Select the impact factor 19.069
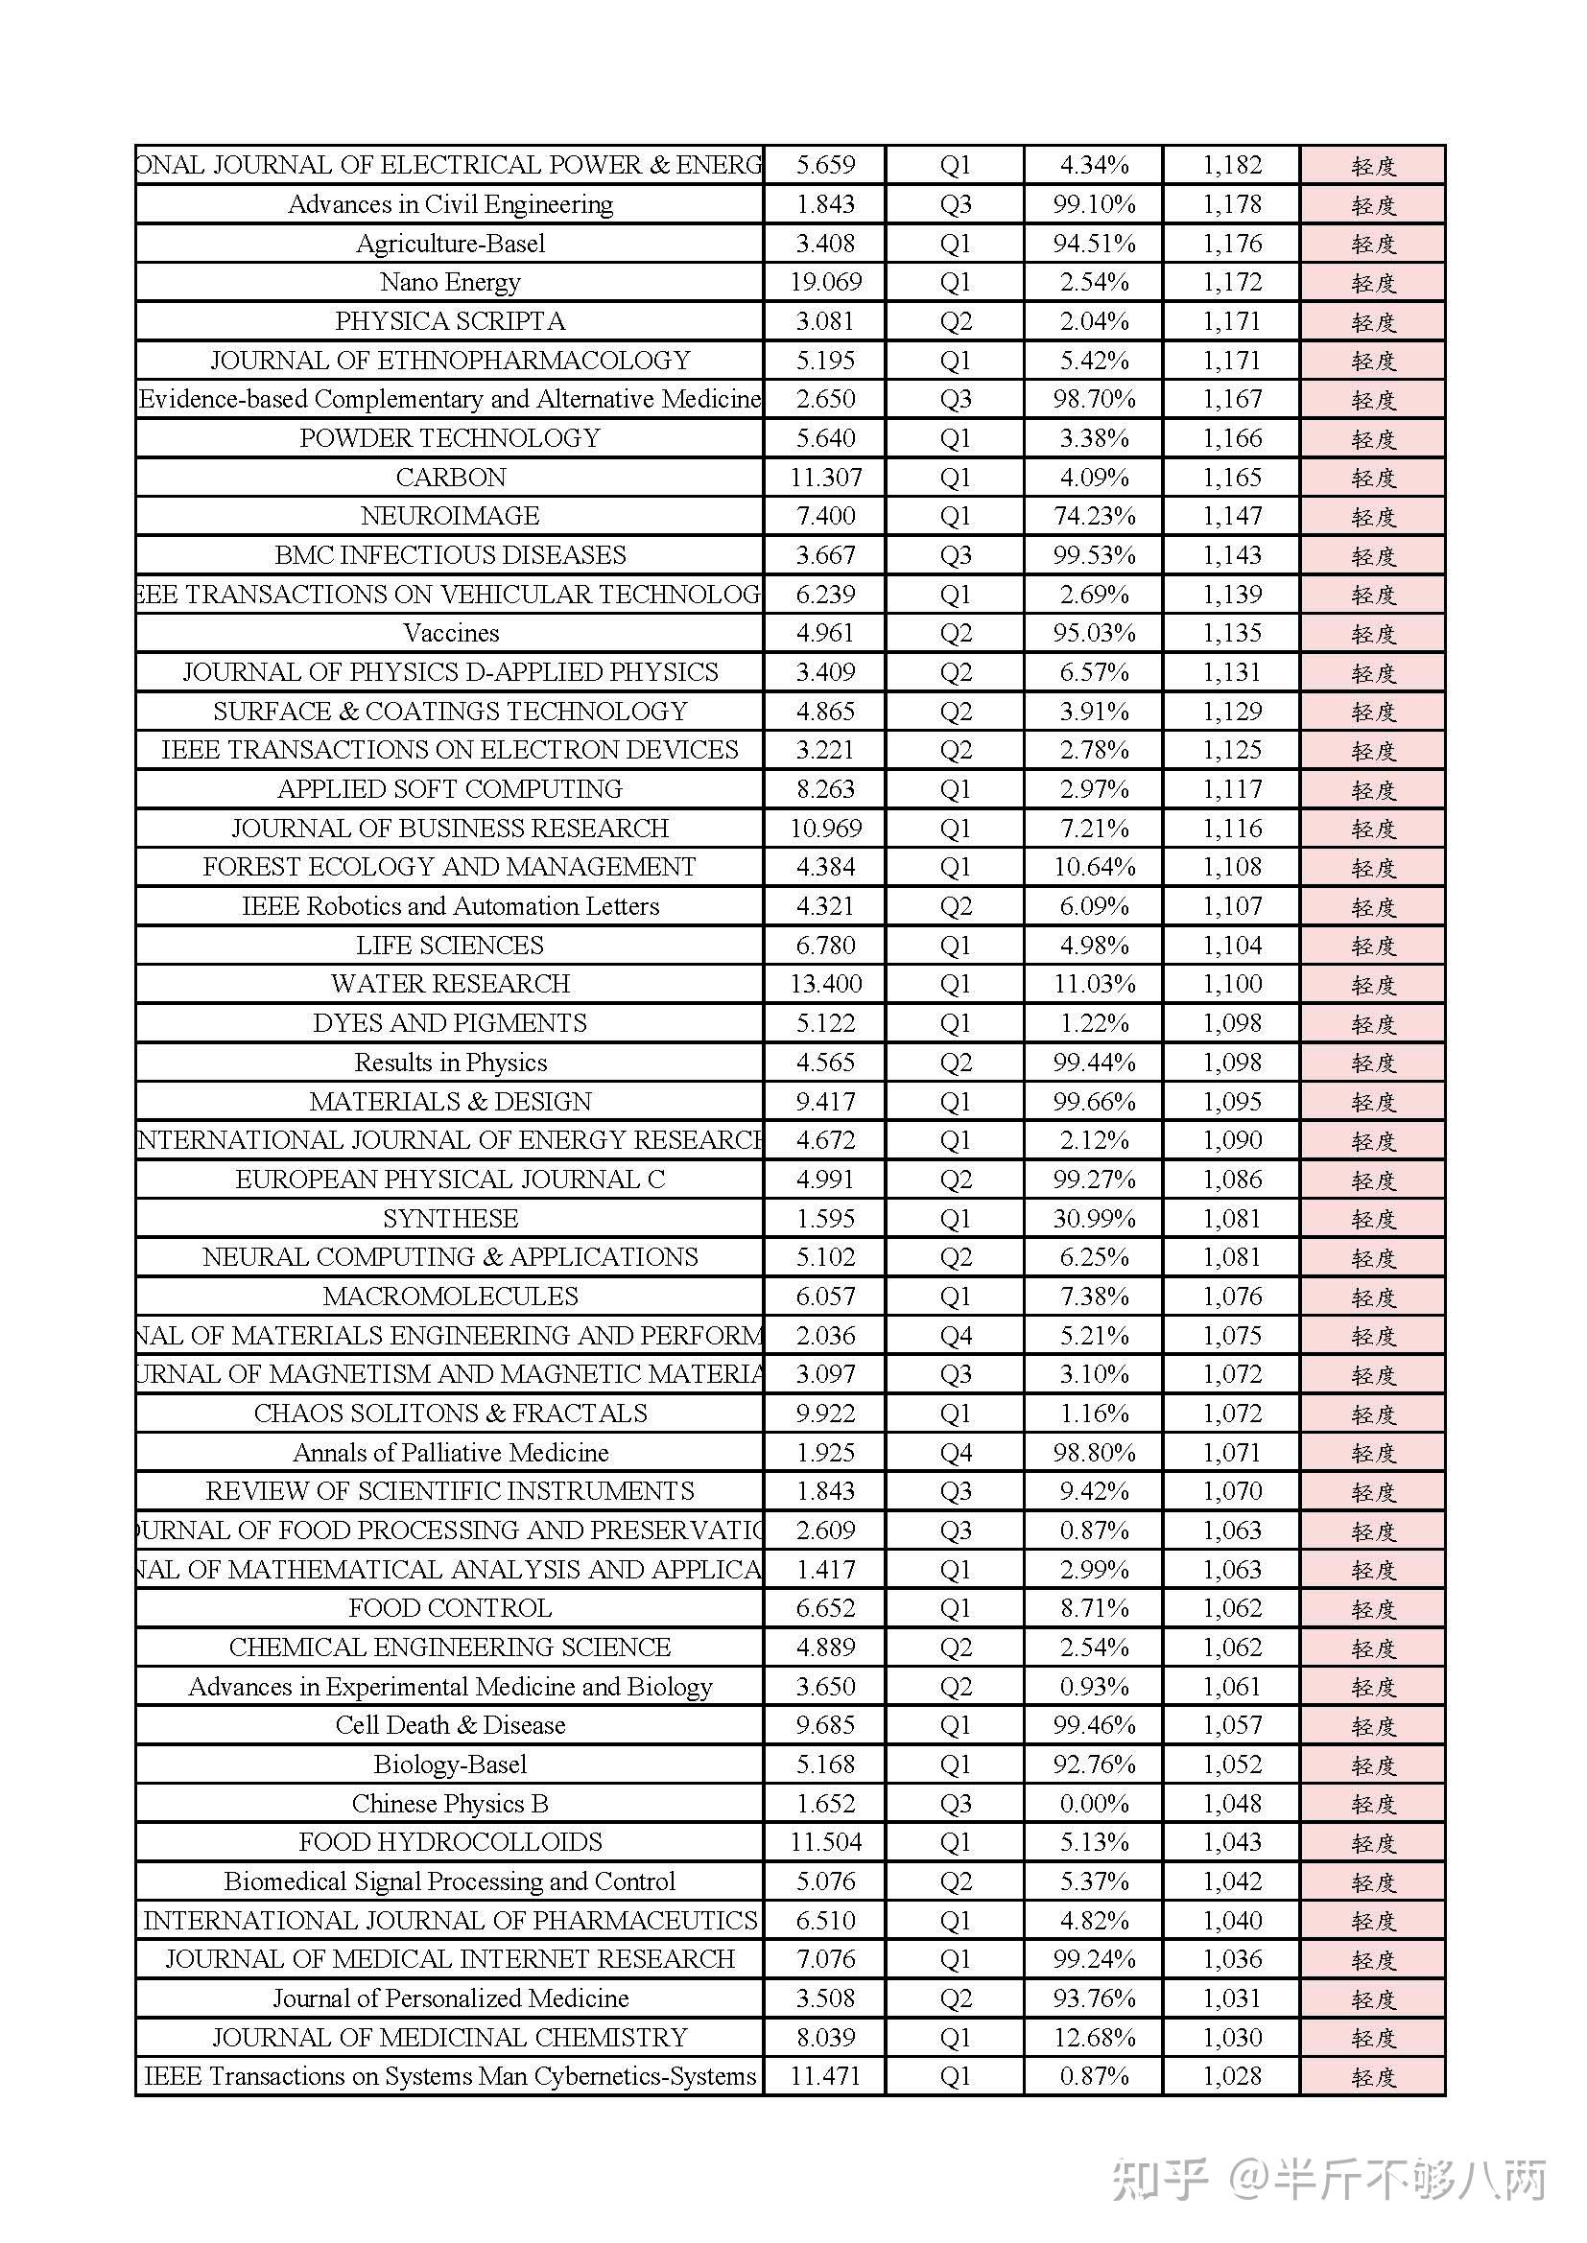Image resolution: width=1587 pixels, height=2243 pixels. coord(826,282)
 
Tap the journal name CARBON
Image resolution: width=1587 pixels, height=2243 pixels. coord(451,477)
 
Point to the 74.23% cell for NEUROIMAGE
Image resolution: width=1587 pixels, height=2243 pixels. coord(1094,516)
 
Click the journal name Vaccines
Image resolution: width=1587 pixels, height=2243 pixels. coord(451,633)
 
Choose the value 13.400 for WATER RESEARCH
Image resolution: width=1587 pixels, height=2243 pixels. coord(826,984)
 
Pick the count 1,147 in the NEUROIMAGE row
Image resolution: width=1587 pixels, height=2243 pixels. coord(1231,516)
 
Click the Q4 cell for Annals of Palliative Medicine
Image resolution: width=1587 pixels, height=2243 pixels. coord(955,1453)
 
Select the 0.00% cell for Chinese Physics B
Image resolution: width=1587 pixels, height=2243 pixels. coord(1094,1804)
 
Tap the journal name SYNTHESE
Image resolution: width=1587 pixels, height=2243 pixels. coord(451,1218)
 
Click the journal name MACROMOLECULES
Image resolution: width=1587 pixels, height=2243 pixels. coord(451,1297)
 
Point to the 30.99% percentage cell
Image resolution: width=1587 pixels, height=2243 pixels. coord(1094,1218)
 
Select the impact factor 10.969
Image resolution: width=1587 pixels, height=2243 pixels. coord(826,829)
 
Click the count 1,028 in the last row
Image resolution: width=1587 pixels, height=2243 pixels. coord(1231,2076)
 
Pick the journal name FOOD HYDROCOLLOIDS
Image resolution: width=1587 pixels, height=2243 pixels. coord(451,1842)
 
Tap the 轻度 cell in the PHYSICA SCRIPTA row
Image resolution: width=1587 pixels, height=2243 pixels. coord(1373,321)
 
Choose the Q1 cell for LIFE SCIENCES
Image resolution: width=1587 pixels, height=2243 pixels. coord(955,946)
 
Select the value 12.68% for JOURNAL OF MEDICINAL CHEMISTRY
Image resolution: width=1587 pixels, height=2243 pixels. coord(1094,2038)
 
